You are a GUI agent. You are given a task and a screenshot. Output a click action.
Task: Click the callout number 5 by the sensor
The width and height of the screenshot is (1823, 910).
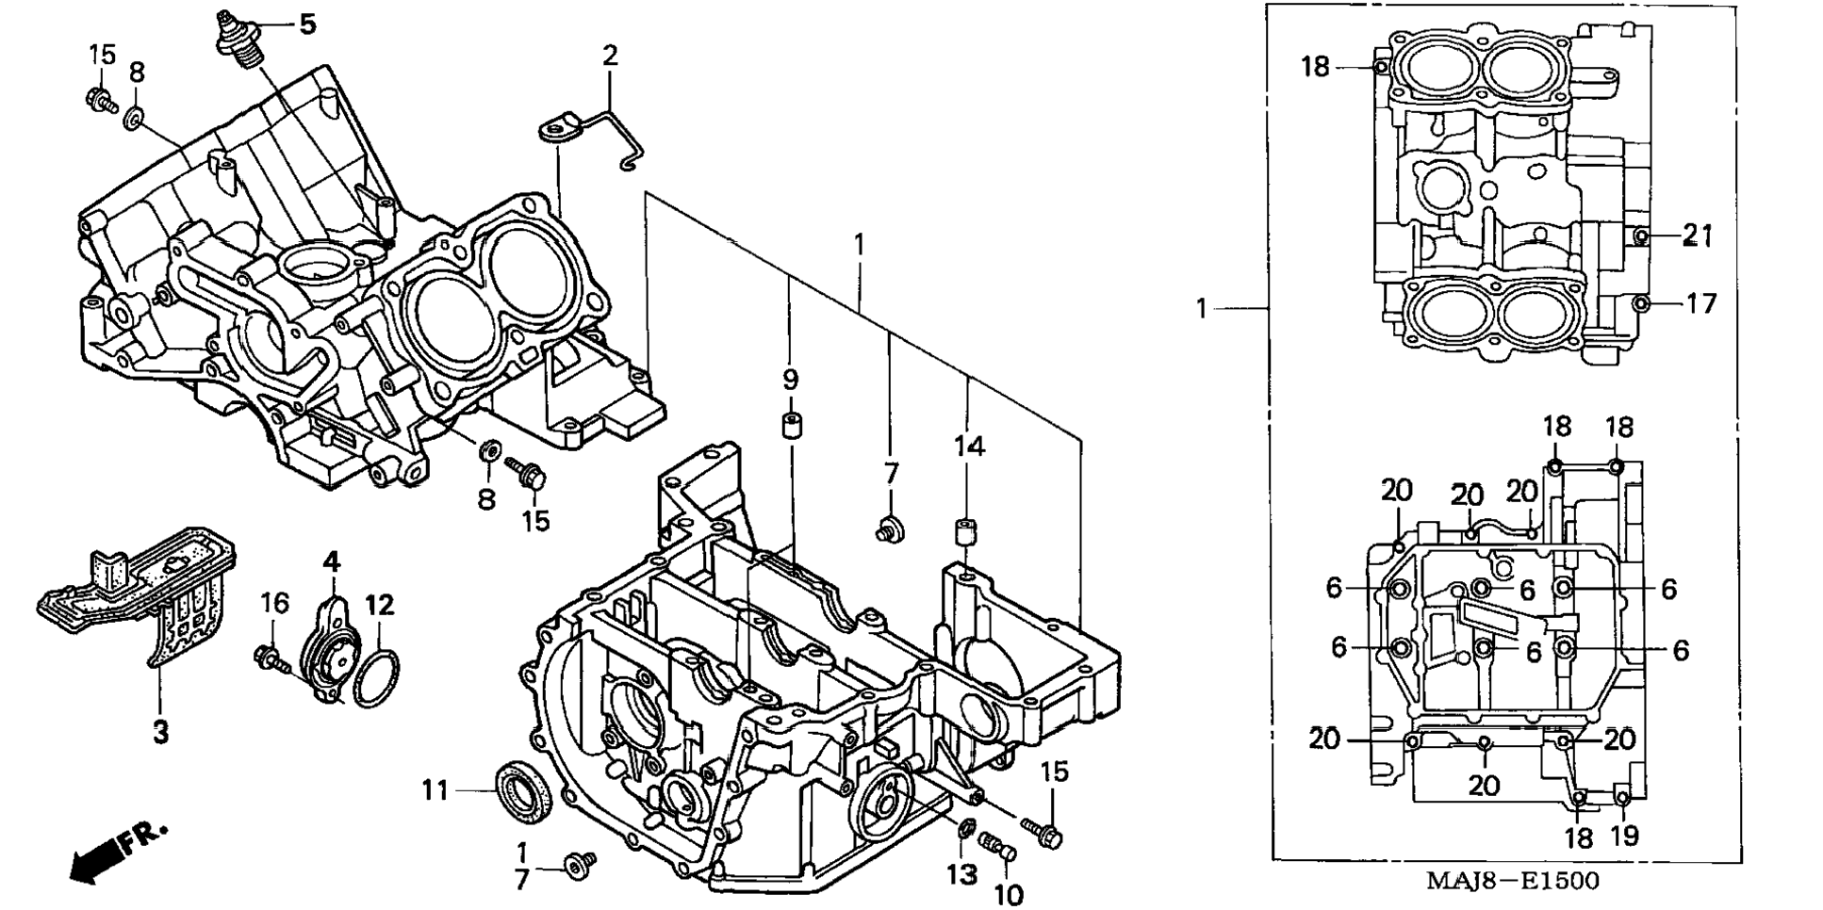307,24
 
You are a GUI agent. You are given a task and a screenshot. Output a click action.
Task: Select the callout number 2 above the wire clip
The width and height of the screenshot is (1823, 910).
610,56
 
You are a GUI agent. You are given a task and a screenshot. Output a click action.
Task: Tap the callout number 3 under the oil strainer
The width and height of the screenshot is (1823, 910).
161,731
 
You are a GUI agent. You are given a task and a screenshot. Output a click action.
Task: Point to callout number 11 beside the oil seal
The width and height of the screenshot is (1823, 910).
435,789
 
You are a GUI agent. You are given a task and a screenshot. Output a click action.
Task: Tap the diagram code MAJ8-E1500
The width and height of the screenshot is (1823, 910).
1511,881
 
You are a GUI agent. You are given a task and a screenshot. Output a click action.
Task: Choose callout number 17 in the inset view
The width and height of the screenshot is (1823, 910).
1701,303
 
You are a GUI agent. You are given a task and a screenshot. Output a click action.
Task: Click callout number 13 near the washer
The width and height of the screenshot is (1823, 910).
962,875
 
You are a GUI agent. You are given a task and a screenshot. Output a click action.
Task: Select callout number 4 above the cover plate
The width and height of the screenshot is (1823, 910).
331,562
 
